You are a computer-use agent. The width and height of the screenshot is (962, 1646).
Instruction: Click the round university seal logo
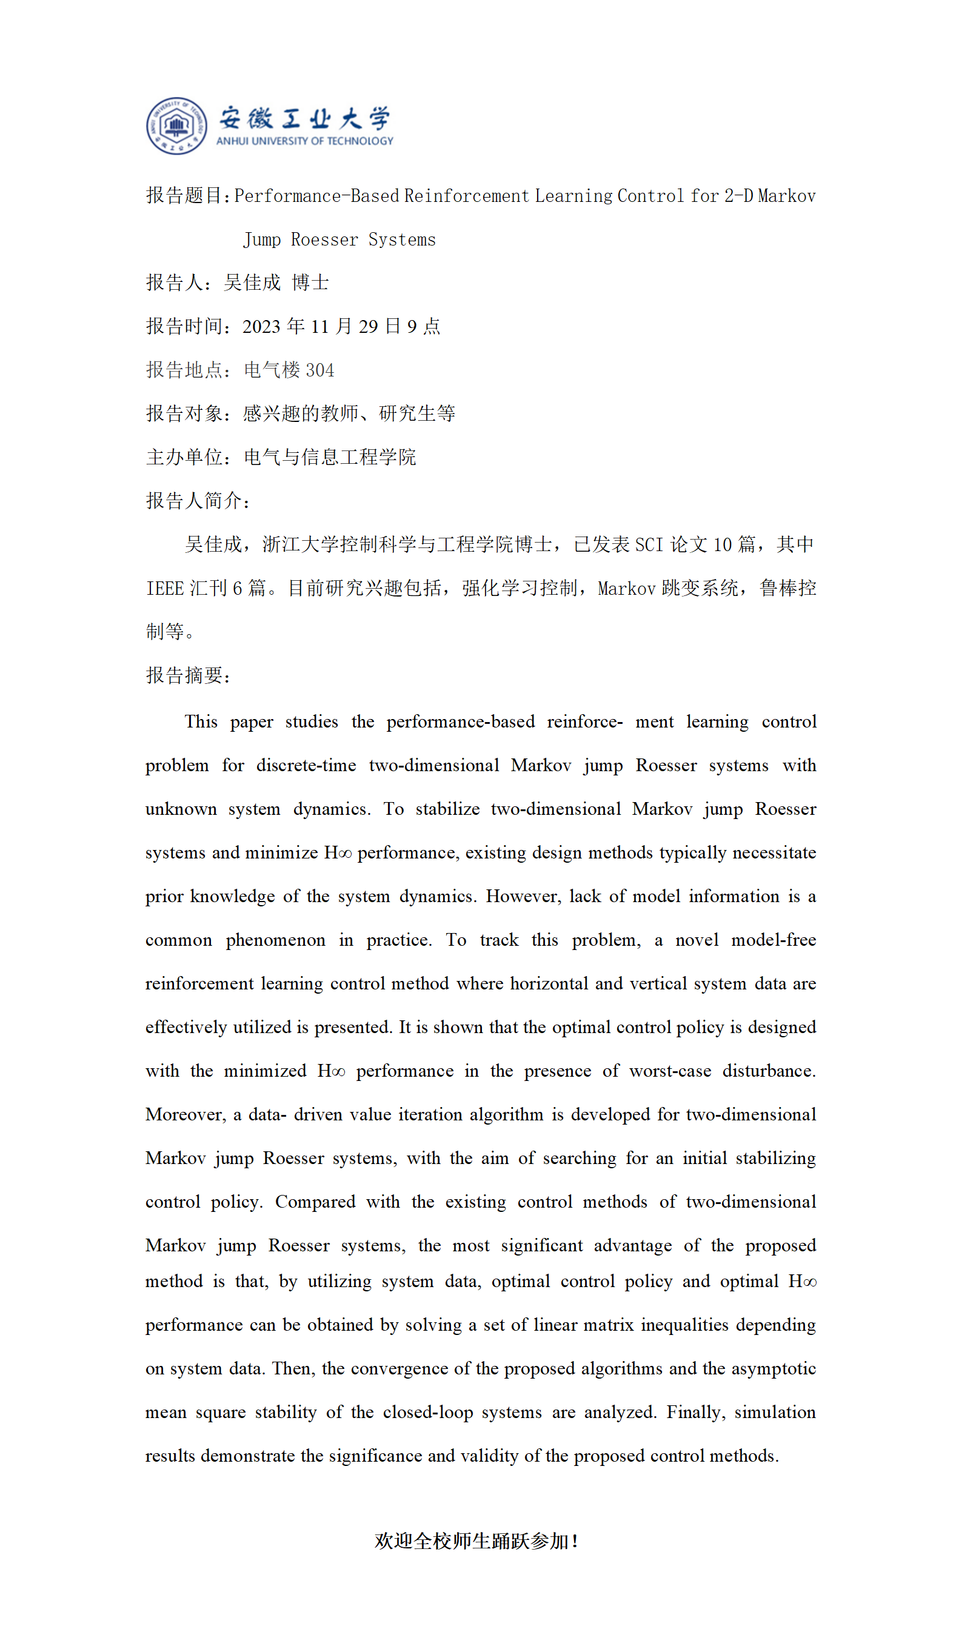click(176, 126)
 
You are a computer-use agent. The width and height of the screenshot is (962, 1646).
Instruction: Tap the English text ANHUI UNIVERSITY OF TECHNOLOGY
click(304, 141)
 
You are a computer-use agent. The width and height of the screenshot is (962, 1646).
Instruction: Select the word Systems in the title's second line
click(402, 239)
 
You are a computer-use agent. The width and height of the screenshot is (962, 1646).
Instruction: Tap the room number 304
click(320, 370)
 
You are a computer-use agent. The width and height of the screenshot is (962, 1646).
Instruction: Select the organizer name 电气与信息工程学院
click(330, 457)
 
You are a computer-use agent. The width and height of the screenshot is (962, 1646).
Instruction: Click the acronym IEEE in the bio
click(165, 589)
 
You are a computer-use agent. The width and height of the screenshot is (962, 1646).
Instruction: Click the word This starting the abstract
click(201, 722)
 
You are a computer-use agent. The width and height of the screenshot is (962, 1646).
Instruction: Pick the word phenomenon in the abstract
click(275, 940)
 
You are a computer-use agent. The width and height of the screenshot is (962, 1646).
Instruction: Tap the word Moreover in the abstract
click(185, 1114)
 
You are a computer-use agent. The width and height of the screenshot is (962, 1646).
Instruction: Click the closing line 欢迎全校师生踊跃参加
click(475, 1542)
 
